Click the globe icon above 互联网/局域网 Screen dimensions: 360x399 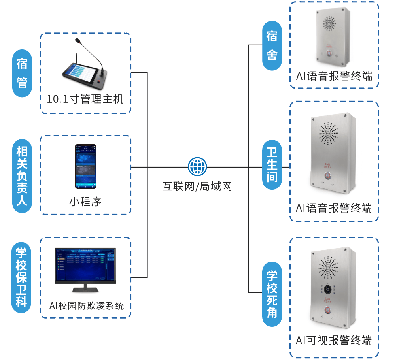coord(197,166)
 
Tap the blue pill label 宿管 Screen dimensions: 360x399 coord(22,74)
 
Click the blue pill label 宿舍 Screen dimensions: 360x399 coord(272,46)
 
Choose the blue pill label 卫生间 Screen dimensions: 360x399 coord(272,165)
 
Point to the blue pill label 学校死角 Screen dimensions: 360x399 coord(272,294)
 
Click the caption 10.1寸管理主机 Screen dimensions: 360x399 coord(85,99)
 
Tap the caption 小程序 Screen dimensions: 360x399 coord(85,202)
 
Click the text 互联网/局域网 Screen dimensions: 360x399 coord(197,186)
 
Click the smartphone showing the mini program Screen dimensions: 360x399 coord(86,166)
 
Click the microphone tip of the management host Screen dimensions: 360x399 coord(77,40)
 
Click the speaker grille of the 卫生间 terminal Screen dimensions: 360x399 coord(328,133)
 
